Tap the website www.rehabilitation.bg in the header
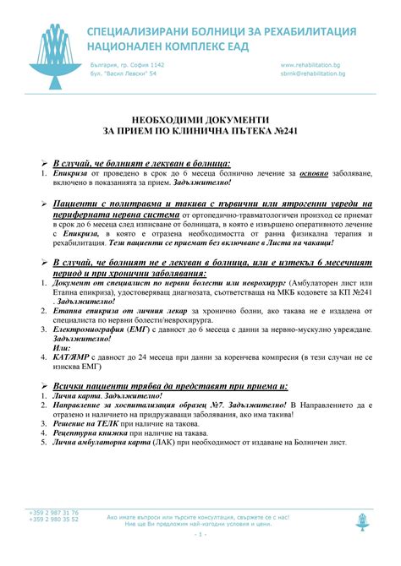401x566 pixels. coord(310,65)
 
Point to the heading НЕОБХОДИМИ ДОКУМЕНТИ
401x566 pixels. coord(200,120)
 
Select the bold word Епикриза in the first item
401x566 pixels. coord(71,174)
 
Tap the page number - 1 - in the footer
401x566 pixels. coord(200,535)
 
